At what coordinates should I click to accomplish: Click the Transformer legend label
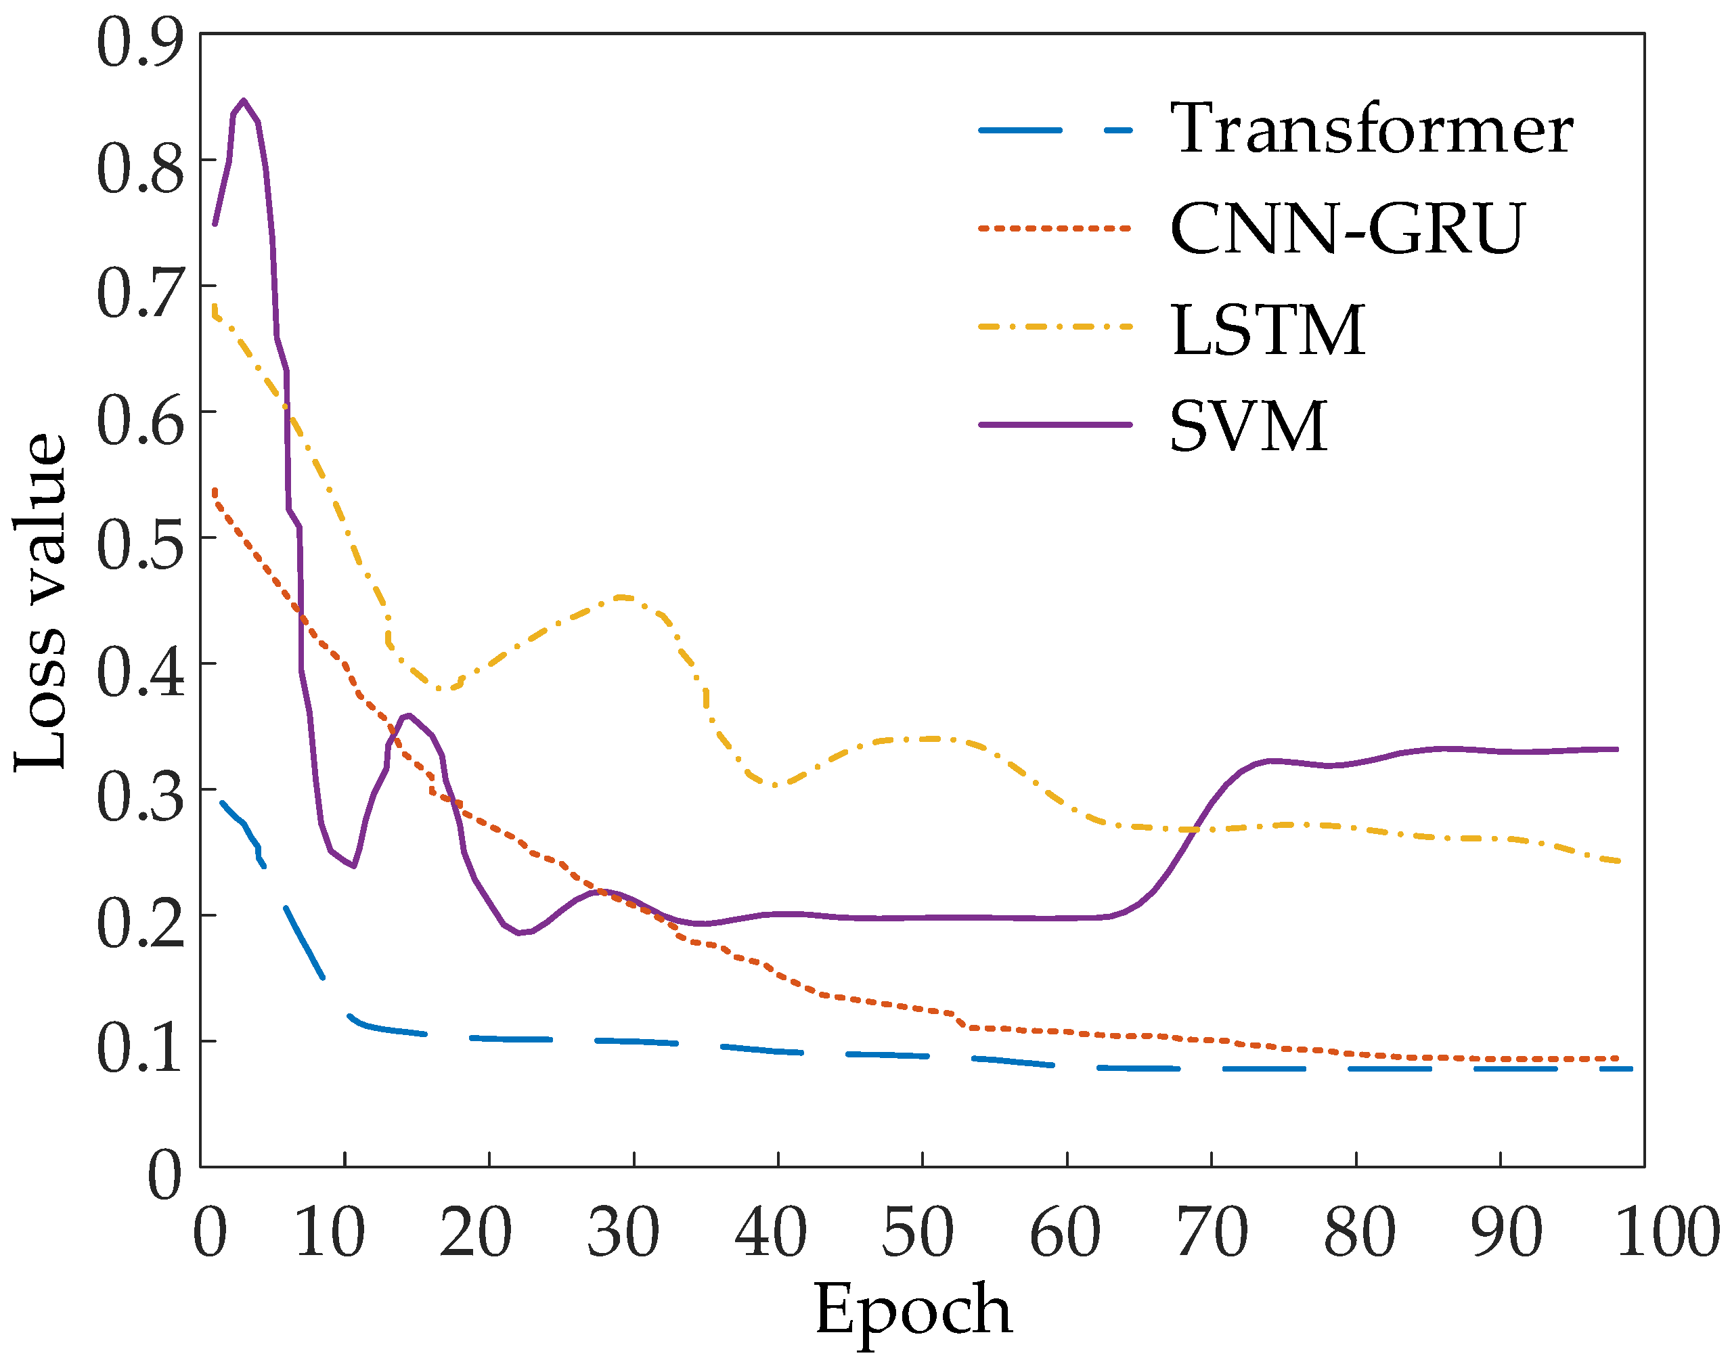1371,129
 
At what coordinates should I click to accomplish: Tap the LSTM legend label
1268,330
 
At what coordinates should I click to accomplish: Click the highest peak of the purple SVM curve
243,100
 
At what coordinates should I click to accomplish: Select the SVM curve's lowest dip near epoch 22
519,932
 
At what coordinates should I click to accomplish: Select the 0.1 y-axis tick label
140,1048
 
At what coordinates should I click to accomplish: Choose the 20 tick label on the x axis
476,1232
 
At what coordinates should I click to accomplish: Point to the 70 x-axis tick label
1212,1232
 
